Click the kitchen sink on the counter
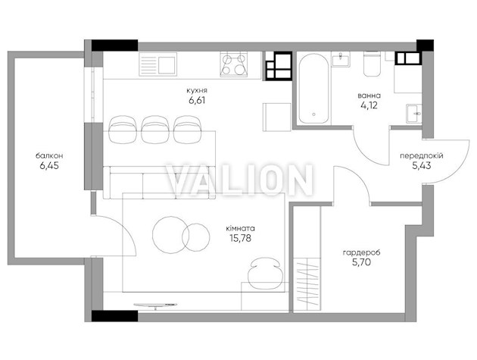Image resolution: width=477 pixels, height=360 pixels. (158, 64)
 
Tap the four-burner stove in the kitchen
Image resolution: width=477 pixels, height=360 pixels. (234, 64)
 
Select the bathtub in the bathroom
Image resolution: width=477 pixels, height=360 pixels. (313, 89)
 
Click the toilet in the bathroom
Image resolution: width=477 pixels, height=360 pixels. (372, 64)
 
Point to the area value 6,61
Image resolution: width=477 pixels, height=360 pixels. (197, 100)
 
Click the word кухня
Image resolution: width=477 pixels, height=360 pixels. (197, 90)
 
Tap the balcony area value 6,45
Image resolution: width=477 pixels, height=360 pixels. (49, 166)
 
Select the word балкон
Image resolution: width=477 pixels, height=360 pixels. (49, 156)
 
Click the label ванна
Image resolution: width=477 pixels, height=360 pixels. (369, 95)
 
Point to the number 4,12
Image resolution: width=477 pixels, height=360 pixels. (369, 105)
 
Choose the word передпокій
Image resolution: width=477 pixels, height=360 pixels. (421, 156)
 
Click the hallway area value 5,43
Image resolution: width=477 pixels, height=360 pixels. (422, 166)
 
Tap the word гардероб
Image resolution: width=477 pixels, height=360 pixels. (361, 252)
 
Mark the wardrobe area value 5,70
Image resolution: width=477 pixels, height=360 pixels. (361, 262)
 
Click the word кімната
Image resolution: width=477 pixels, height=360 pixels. (240, 228)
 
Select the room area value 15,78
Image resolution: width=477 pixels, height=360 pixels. (240, 238)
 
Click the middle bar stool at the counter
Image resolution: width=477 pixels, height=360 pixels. (155, 130)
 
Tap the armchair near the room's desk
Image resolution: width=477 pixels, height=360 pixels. (264, 274)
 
